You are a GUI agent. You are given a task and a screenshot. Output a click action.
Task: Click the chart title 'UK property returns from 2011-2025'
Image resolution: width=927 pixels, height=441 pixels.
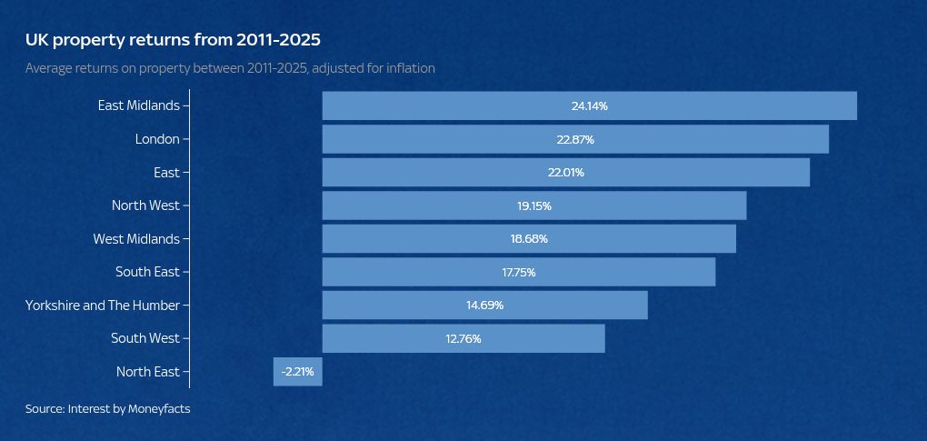173,40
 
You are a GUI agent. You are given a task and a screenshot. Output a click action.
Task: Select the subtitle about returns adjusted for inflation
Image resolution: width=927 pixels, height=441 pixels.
230,68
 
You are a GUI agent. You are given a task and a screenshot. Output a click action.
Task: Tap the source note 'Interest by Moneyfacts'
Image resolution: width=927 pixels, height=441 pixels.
107,409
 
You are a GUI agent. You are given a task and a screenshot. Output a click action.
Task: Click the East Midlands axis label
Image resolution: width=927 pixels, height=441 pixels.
139,105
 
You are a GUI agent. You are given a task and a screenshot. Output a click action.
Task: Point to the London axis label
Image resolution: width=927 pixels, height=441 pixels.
157,139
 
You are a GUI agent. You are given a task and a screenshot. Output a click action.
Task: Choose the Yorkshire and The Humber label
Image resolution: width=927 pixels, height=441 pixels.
103,306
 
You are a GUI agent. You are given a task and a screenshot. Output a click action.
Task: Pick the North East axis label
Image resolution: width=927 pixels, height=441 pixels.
148,372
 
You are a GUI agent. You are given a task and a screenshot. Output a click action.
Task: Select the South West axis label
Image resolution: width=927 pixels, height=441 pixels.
145,338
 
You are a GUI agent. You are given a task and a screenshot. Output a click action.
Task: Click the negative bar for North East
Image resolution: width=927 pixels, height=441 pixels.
297,372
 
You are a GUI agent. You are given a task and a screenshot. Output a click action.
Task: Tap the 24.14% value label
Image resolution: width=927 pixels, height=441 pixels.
589,106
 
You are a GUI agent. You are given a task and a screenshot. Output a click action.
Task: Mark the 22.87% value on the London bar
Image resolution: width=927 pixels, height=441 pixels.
575,140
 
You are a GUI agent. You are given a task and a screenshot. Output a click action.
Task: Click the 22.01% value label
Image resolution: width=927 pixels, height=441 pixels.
565,173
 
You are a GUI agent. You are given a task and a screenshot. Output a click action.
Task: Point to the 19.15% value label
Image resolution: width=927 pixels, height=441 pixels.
534,206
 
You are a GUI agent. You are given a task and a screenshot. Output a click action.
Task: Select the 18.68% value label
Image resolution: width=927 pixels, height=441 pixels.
529,239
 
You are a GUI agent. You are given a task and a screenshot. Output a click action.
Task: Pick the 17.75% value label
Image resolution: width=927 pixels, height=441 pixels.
519,273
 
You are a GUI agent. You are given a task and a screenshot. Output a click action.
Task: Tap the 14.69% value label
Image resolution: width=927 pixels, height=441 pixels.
484,306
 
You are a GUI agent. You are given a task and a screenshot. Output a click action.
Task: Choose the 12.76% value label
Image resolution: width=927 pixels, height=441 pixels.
463,339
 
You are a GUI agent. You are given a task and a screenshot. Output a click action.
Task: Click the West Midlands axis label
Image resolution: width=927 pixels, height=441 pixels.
136,239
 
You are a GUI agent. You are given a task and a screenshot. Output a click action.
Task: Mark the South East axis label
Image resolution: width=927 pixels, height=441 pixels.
147,272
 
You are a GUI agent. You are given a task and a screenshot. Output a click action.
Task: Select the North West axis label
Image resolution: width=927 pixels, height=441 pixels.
145,205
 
